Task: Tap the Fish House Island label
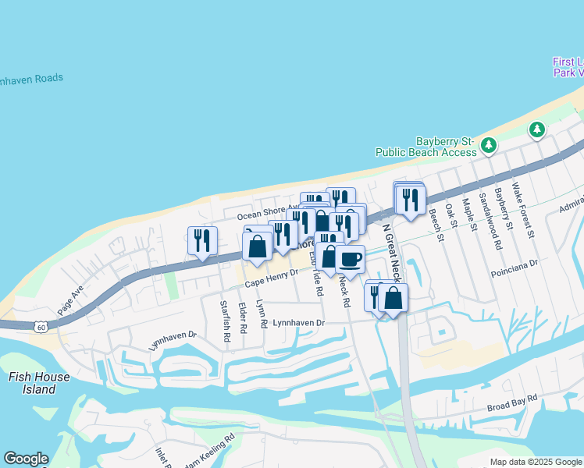pos(38,382)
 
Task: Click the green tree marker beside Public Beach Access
pos(489,144)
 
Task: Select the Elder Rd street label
pos(242,318)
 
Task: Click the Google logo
pos(26,459)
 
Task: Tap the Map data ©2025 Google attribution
pos(536,462)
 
